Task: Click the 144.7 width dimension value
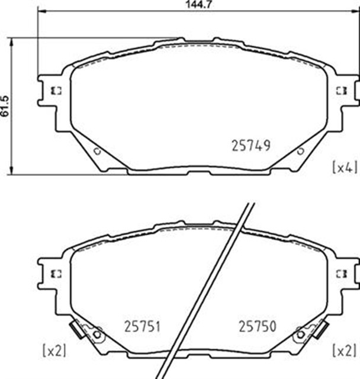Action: (185, 5)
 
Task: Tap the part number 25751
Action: (143, 326)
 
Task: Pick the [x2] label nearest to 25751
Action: (54, 350)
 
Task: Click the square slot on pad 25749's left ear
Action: (57, 91)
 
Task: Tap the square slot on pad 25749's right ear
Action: (341, 91)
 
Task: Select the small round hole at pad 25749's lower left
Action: (98, 152)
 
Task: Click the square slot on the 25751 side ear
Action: (57, 273)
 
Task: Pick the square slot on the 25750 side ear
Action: (341, 273)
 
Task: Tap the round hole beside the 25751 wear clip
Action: (98, 335)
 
